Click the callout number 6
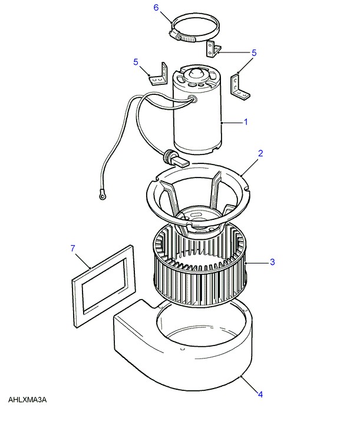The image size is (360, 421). (156, 8)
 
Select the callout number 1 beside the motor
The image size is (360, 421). (246, 122)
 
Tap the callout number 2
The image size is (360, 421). (260, 153)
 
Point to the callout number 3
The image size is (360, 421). (272, 262)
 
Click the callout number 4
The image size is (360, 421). (260, 394)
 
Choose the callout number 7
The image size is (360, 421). (73, 248)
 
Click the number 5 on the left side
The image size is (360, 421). (136, 62)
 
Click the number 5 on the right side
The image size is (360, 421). (254, 52)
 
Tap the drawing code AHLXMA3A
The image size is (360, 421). (27, 400)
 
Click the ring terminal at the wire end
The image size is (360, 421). (102, 197)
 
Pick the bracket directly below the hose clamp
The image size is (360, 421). (213, 49)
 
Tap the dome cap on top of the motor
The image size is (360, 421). (196, 73)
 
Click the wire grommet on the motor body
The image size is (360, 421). (193, 98)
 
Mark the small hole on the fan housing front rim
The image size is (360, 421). (182, 349)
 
